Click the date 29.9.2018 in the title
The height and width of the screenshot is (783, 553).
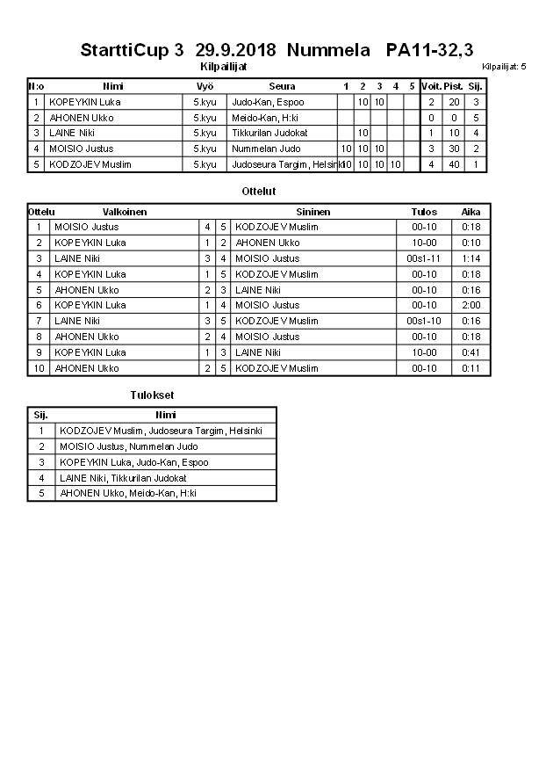(x=236, y=50)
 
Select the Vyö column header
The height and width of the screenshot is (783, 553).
(x=205, y=86)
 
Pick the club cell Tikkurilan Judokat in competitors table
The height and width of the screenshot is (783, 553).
(x=269, y=133)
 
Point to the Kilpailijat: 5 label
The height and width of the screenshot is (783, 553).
(x=504, y=67)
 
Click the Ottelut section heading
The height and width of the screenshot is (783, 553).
(x=258, y=191)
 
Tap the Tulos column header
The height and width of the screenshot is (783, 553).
(x=424, y=212)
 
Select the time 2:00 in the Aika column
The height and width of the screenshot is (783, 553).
(x=471, y=306)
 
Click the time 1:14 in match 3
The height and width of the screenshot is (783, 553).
(x=471, y=258)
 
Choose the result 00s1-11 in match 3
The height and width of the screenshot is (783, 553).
(x=424, y=258)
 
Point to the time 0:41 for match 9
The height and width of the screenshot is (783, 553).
(x=471, y=352)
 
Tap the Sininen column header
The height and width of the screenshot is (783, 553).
(x=313, y=212)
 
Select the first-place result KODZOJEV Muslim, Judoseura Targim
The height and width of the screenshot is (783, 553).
(x=161, y=431)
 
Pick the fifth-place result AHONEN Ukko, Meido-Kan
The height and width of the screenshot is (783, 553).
(x=128, y=493)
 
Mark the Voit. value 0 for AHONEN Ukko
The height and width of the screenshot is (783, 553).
(x=431, y=118)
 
